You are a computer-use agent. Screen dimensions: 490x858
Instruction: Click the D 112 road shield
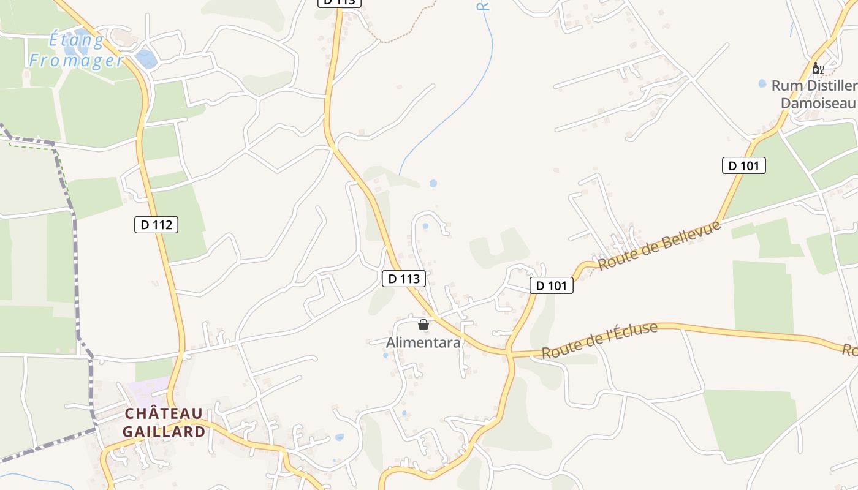click(x=156, y=225)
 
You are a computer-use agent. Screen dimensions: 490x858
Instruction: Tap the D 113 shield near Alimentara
click(x=404, y=279)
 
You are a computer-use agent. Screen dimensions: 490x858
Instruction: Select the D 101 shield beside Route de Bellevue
click(x=551, y=285)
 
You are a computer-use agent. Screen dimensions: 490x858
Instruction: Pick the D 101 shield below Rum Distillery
click(x=744, y=165)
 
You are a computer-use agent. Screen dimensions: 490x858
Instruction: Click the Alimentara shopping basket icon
click(x=423, y=325)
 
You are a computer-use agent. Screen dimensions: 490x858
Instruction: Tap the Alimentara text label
click(x=423, y=342)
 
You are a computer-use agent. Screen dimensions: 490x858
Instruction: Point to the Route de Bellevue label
click(x=659, y=246)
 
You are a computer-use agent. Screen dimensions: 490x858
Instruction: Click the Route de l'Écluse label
click(x=599, y=341)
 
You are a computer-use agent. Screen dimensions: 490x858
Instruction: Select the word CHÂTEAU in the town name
click(x=164, y=414)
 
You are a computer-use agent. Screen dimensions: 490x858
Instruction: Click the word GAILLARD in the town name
click(x=164, y=432)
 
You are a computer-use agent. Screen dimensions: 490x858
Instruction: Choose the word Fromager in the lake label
click(x=77, y=60)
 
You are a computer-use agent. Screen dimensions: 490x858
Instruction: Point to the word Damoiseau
click(x=818, y=103)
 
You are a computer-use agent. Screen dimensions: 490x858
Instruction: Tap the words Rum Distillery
click(x=814, y=86)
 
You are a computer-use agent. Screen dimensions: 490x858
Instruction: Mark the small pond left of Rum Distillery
click(x=762, y=83)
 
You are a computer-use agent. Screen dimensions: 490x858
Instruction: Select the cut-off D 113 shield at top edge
click(x=340, y=2)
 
